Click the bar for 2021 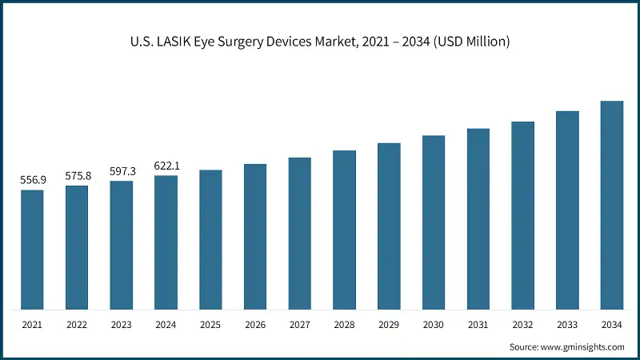point(33,250)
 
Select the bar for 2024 point(166,242)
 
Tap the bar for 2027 point(300,234)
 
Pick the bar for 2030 point(434,222)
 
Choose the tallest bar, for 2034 point(612,205)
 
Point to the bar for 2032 point(522,215)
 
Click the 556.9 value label point(33,180)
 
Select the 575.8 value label point(78,175)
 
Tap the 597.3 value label point(122,171)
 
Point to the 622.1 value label point(166,166)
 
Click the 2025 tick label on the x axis point(210,325)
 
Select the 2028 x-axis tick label point(344,325)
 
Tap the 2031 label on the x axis point(478,325)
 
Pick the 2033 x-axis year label point(567,325)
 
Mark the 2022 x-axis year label point(78,325)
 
